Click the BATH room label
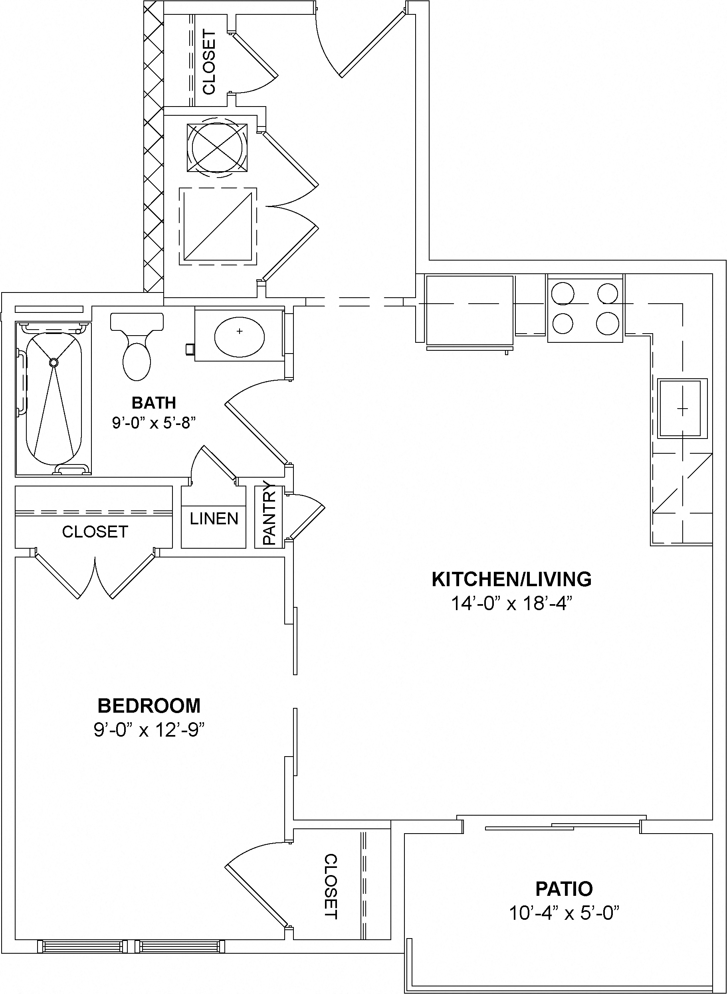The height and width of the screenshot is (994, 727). point(154,403)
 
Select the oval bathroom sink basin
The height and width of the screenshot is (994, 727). point(240,336)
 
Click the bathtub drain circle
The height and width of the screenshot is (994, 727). point(53,362)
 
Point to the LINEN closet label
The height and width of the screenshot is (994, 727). point(214,519)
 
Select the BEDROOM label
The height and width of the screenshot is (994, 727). point(149,705)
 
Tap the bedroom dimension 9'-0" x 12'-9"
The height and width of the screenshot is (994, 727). point(150,731)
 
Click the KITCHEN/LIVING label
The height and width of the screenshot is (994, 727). point(511,579)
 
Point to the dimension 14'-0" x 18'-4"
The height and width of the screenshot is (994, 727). point(511,604)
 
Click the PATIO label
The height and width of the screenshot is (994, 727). point(564,889)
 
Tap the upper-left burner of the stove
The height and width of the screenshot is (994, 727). point(563,293)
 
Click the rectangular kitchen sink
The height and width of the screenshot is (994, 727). point(682,409)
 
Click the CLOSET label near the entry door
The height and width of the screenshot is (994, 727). point(209,61)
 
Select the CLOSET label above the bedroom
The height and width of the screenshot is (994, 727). point(95,532)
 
